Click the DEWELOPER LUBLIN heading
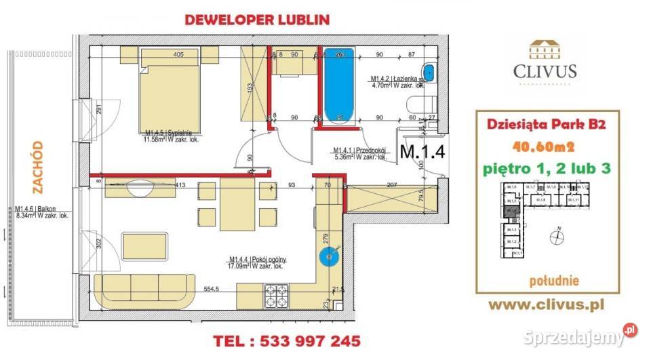click(x=257, y=20)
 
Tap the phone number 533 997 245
click(x=286, y=340)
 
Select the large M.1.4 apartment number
click(x=422, y=152)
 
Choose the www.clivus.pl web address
click(x=547, y=305)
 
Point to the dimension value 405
click(x=179, y=55)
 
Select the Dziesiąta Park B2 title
click(x=540, y=125)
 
